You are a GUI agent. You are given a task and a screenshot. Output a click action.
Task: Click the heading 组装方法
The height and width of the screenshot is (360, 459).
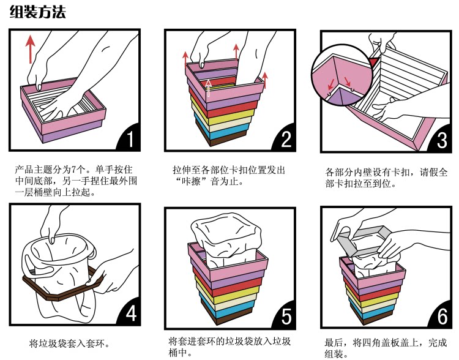pos(38,12)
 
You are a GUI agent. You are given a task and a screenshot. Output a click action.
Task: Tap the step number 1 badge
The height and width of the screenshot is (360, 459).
pos(129,140)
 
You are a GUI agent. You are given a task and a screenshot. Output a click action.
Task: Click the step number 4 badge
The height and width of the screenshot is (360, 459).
pos(129,313)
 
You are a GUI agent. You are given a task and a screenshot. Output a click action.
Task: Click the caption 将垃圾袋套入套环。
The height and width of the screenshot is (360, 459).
pos(70,343)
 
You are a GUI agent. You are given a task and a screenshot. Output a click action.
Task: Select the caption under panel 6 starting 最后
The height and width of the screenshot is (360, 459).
pos(386,348)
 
